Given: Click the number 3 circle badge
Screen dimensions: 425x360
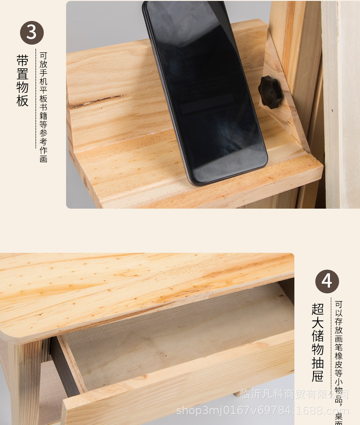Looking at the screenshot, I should click(x=31, y=33).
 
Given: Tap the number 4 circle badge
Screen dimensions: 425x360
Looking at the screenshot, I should click(x=327, y=281).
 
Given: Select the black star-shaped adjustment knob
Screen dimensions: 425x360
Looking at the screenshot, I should click(x=270, y=92).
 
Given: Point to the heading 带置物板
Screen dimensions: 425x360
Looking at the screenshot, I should click(x=22, y=81).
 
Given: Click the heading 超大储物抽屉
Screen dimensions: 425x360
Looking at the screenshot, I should click(x=318, y=342).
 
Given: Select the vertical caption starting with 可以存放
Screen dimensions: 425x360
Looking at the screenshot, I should click(x=339, y=360).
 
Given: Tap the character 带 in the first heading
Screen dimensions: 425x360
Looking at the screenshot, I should click(x=22, y=61).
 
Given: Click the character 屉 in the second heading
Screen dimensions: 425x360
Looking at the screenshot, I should click(x=318, y=376).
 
